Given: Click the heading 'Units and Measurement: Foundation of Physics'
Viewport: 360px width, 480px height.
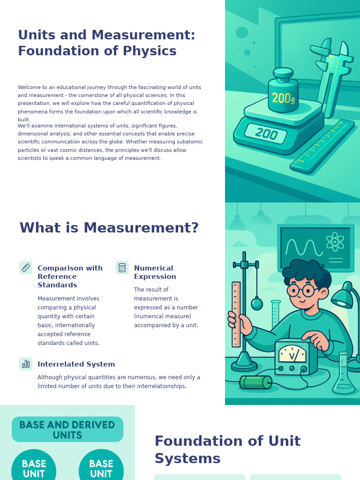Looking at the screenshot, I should (106, 43).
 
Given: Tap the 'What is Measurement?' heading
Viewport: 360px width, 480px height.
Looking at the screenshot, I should (109, 228).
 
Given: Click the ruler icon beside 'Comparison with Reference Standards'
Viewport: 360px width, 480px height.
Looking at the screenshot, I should (26, 268).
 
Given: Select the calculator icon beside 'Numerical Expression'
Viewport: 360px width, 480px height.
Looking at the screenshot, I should (122, 268).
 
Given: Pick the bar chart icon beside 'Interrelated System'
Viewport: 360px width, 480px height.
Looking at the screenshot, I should (26, 364).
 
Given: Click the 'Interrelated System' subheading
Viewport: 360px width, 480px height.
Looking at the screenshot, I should (76, 364).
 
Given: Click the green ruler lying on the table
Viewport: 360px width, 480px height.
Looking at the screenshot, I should (322, 146).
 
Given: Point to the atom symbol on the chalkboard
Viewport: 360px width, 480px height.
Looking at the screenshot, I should (335, 242).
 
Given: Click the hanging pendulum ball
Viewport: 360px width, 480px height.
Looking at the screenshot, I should (257, 304).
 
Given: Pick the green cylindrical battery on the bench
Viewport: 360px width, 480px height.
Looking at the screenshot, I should (255, 382).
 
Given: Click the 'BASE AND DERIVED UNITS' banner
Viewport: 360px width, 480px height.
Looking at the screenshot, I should (67, 429).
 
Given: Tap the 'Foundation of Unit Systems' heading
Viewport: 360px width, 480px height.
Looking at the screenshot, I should (227, 450).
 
